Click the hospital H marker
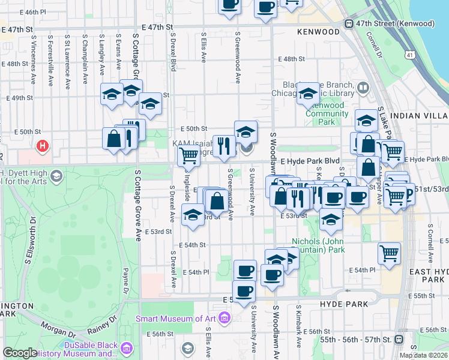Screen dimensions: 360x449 pyautogui.click(x=42, y=146)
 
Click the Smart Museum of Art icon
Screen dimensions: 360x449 pyautogui.click(x=224, y=317)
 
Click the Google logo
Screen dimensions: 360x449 pyautogui.click(x=20, y=353)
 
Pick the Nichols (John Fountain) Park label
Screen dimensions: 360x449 pyautogui.click(x=318, y=245)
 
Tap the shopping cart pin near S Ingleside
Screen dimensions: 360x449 pyautogui.click(x=189, y=156)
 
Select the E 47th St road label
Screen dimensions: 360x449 pyautogui.click(x=157, y=28)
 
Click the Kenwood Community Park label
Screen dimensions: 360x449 pyautogui.click(x=325, y=113)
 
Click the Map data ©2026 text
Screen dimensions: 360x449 pyautogui.click(x=423, y=355)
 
